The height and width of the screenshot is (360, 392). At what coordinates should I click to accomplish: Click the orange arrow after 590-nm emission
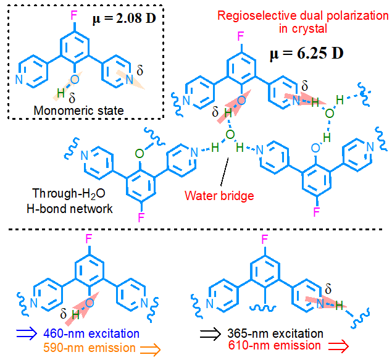pyautogui.click(x=149, y=348)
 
